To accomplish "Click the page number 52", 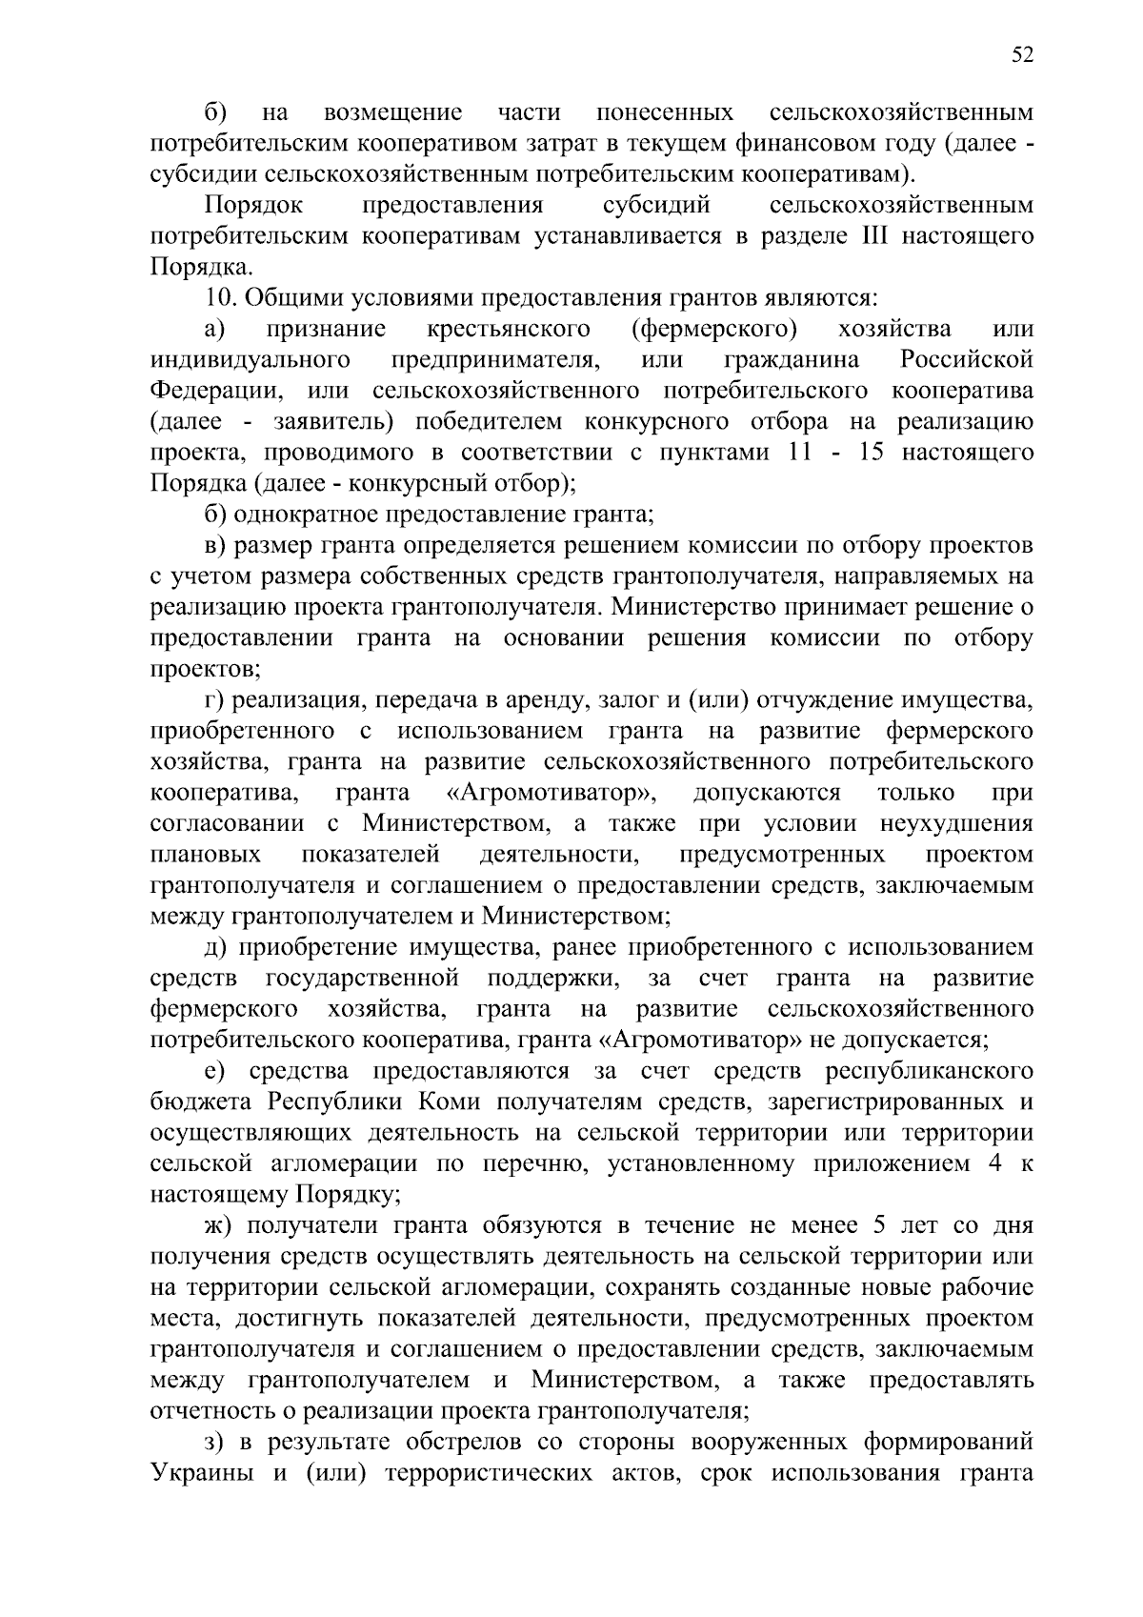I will pos(1021,55).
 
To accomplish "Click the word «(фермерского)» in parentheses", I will pos(714,329).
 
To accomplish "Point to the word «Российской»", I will pos(966,360).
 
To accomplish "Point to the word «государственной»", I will pos(362,978).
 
